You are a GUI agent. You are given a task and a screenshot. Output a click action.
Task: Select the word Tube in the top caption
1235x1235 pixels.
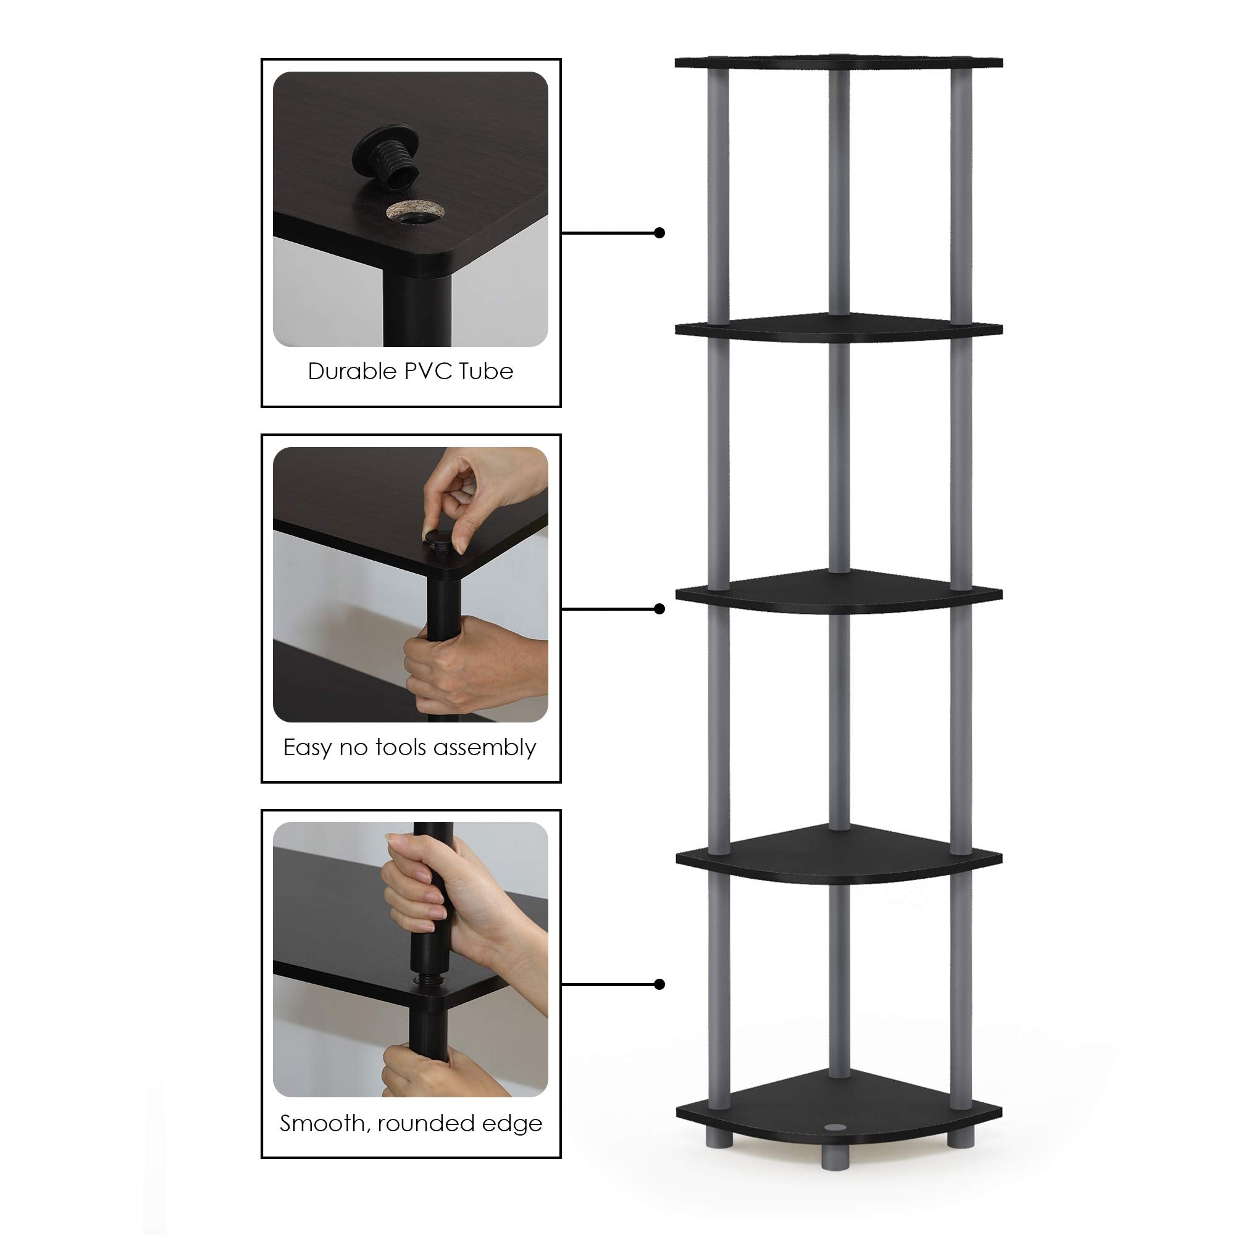pyautogui.click(x=486, y=371)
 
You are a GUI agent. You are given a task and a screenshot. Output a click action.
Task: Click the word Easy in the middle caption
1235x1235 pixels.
pyautogui.click(x=307, y=748)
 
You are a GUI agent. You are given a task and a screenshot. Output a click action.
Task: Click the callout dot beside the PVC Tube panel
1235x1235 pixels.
pyautogui.click(x=659, y=233)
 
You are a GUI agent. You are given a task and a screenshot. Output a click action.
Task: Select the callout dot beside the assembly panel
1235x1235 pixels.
pyautogui.click(x=659, y=609)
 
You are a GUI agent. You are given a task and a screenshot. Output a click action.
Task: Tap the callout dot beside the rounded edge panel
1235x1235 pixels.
pyautogui.click(x=659, y=984)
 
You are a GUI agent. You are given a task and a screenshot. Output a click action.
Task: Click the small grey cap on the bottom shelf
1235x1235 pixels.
pyautogui.click(x=833, y=1129)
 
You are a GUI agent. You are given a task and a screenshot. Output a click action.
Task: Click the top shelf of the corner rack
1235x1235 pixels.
pyautogui.click(x=839, y=62)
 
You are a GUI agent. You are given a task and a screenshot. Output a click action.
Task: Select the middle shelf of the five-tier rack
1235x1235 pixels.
pyautogui.click(x=839, y=592)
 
